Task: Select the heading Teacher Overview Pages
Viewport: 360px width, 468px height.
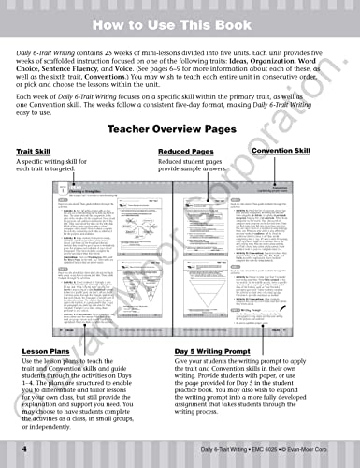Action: (180, 130)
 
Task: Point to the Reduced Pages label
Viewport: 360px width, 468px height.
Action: (186, 151)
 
